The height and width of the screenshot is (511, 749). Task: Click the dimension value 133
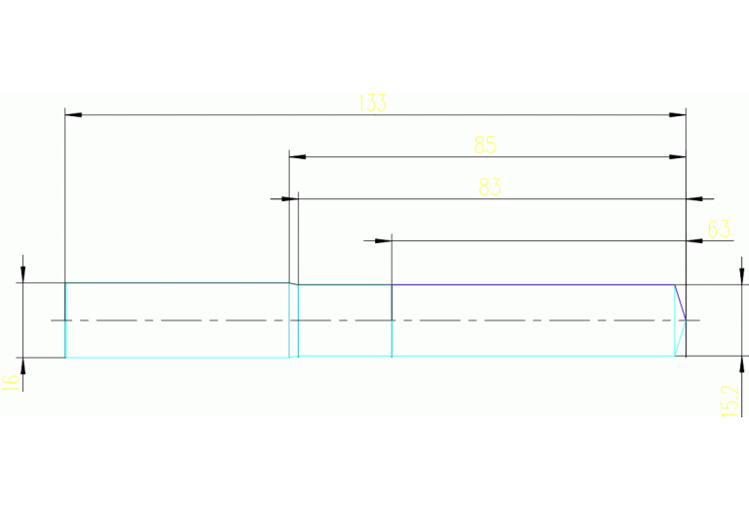[372, 104]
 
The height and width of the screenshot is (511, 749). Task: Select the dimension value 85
[485, 146]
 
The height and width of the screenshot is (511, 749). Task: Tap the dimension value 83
[489, 188]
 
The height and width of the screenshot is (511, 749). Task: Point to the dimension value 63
[719, 230]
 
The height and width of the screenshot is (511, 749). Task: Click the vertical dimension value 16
[11, 382]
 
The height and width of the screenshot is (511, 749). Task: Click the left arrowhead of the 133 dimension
[72, 115]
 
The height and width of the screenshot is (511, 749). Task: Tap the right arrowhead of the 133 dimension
[677, 115]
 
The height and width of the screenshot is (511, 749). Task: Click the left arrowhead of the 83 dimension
[289, 199]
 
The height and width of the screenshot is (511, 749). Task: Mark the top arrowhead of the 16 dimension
[22, 275]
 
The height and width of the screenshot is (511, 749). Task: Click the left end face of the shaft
[65, 320]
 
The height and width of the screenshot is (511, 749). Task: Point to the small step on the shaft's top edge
[293, 283]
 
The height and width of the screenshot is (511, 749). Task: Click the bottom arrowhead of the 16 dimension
[22, 366]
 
